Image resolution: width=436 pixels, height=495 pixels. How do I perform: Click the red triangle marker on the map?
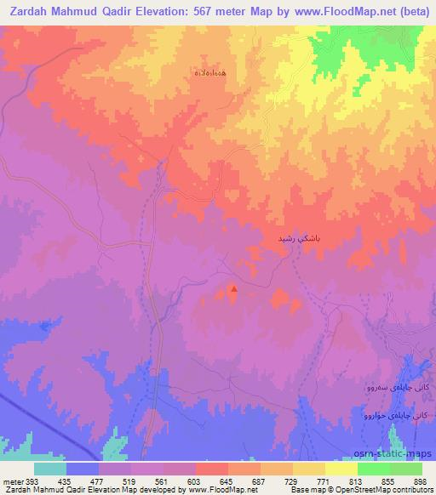click(234, 289)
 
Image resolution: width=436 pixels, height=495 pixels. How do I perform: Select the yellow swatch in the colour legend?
click(341, 469)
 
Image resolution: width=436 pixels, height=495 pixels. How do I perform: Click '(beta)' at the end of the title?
click(411, 13)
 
